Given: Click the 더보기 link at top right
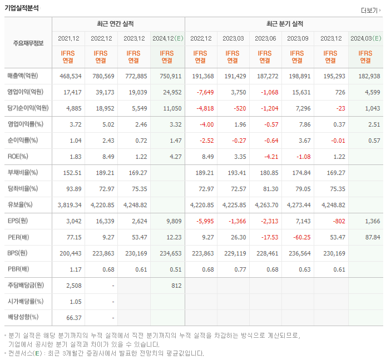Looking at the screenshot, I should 370,10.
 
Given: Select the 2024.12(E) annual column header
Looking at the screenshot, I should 167,38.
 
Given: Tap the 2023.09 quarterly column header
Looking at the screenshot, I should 298,38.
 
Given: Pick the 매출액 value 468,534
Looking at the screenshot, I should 70,76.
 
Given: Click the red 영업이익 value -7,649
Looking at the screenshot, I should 201,92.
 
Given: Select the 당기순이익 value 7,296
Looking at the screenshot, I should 299,108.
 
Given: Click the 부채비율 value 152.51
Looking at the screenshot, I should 71,173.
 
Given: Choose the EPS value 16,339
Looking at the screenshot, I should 103,221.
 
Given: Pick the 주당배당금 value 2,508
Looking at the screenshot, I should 72,286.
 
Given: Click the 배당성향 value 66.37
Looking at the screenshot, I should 72,317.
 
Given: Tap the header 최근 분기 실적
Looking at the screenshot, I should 284,24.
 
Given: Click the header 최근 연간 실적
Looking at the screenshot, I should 118,24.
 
